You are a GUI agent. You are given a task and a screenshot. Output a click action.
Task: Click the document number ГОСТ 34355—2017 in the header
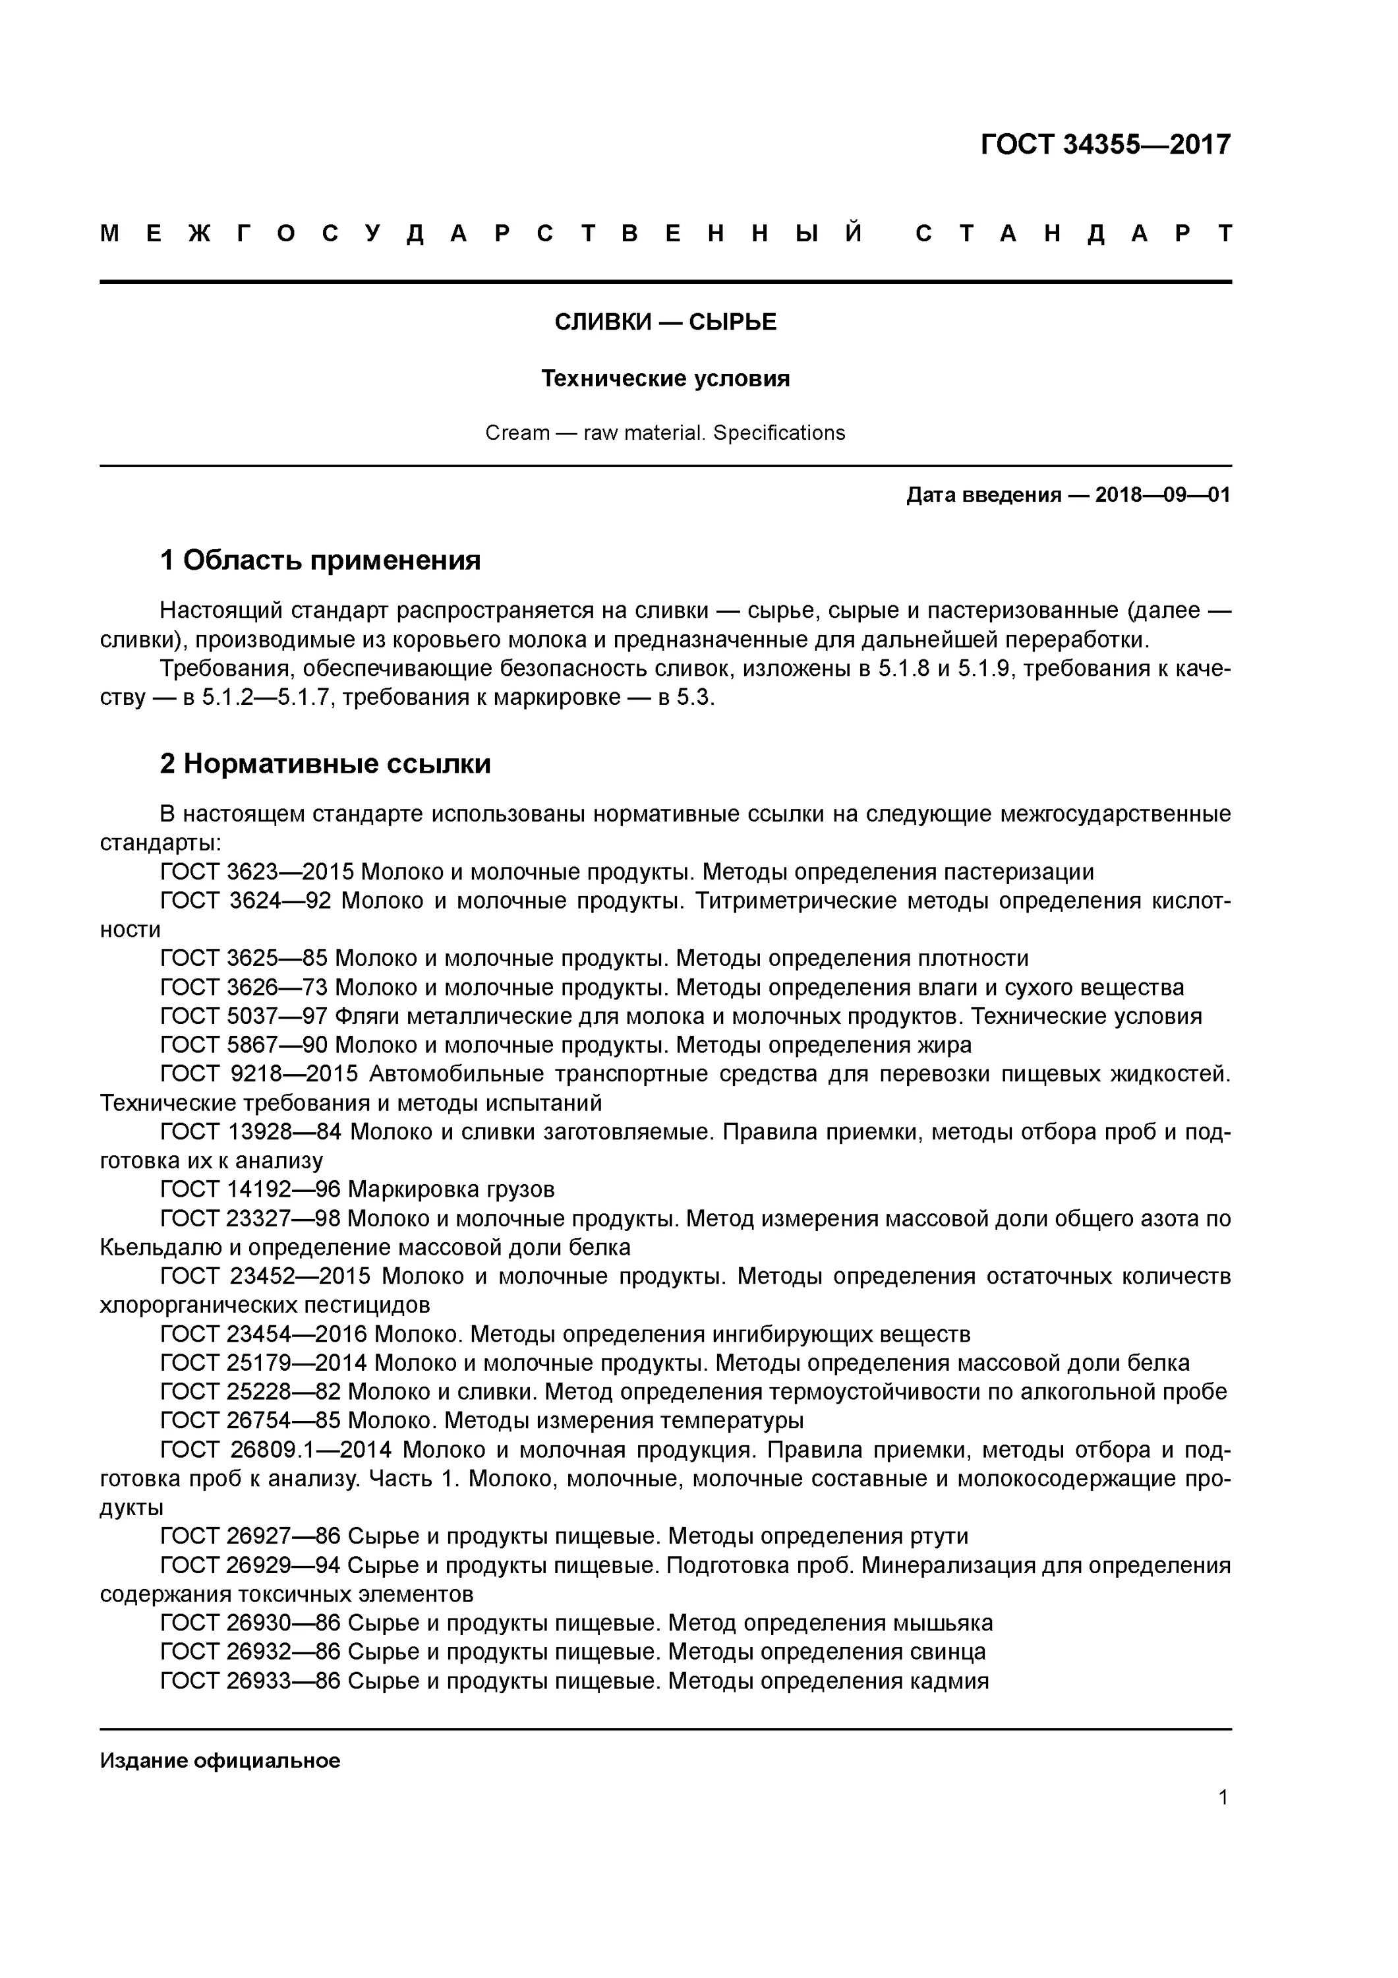tap(1105, 144)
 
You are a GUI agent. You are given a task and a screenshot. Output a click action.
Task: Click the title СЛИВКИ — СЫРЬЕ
tap(665, 322)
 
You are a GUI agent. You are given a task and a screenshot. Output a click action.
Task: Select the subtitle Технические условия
tap(665, 378)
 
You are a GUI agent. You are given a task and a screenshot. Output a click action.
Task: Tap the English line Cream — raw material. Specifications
tap(665, 433)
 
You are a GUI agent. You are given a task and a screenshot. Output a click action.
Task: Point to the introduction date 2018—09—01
tap(1162, 495)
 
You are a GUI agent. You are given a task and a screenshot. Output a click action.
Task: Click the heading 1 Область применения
tap(320, 561)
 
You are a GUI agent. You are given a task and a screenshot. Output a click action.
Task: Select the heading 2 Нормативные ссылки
tap(325, 764)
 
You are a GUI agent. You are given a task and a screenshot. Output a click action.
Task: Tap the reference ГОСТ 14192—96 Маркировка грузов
tap(357, 1189)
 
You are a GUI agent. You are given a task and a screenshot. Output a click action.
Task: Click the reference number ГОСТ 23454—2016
tap(264, 1334)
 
